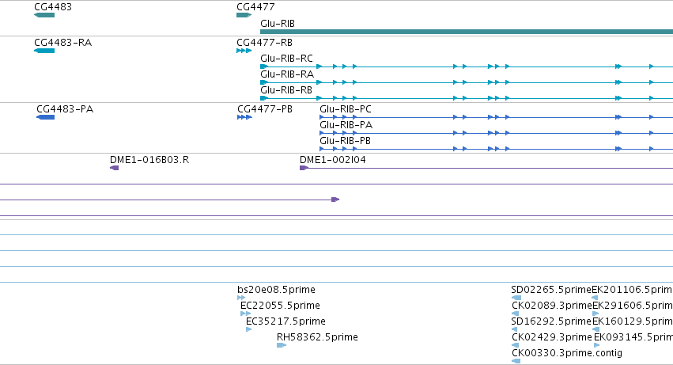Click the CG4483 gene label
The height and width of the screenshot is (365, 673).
(x=53, y=7)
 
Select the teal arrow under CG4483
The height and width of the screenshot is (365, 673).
(x=44, y=15)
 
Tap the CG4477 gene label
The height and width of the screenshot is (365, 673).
(x=255, y=7)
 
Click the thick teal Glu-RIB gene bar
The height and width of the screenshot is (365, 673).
(x=467, y=32)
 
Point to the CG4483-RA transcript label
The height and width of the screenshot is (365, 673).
(x=62, y=43)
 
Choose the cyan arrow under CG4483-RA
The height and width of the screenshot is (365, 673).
(x=44, y=51)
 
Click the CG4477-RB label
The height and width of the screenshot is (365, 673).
(x=264, y=43)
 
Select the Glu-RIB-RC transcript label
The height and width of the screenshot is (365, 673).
(x=286, y=59)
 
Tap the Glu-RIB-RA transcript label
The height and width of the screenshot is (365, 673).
(x=287, y=74)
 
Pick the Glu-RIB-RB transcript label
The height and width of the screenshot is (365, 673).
(x=285, y=90)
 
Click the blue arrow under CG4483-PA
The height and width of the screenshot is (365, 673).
(x=46, y=117)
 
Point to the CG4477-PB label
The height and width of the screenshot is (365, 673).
(x=265, y=109)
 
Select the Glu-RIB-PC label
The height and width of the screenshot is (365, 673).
(x=346, y=109)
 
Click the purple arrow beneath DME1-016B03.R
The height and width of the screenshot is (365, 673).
(x=114, y=168)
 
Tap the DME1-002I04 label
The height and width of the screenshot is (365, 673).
(x=333, y=160)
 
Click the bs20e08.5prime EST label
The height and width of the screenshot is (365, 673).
(x=276, y=290)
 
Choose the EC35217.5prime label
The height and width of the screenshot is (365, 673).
(x=285, y=321)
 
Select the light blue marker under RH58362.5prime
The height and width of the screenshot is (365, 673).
(x=282, y=344)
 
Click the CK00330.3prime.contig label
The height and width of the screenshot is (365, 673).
(x=566, y=353)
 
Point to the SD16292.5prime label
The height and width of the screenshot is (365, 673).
(x=551, y=321)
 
